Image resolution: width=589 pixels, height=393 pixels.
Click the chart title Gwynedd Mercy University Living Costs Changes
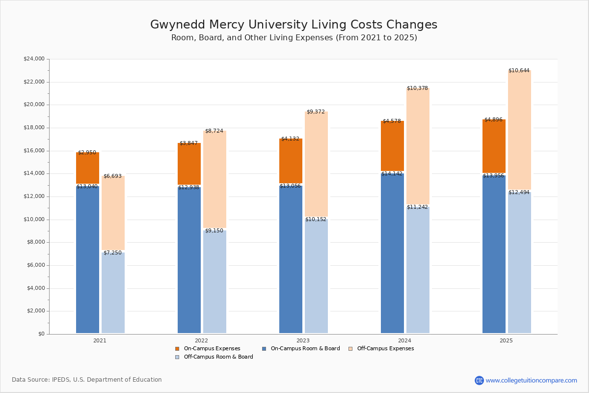pyautogui.click(x=294, y=25)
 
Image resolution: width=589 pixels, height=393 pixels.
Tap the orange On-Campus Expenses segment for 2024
pyautogui.click(x=392, y=146)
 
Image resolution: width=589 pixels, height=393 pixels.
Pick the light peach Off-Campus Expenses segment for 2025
pyautogui.click(x=519, y=130)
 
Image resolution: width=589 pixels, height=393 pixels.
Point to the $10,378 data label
pyautogui.click(x=417, y=88)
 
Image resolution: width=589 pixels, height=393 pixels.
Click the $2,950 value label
pyautogui.click(x=87, y=153)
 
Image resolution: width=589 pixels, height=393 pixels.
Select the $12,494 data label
pyautogui.click(x=519, y=193)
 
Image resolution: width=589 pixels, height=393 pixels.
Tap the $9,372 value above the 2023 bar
pyautogui.click(x=316, y=112)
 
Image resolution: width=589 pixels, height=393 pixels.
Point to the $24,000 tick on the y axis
pyautogui.click(x=34, y=59)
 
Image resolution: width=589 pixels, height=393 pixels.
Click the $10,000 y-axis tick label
pyautogui.click(x=34, y=220)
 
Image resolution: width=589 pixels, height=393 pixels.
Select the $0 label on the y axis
pyautogui.click(x=41, y=334)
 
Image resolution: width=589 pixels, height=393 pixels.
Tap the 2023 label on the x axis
pyautogui.click(x=303, y=340)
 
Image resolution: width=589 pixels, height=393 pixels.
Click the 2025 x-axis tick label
pyautogui.click(x=506, y=340)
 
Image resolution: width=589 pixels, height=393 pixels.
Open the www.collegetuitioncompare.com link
pyautogui.click(x=531, y=380)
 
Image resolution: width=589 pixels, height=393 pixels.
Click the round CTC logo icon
pyautogui.click(x=479, y=380)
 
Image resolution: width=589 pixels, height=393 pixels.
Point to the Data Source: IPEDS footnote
pyautogui.click(x=87, y=380)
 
